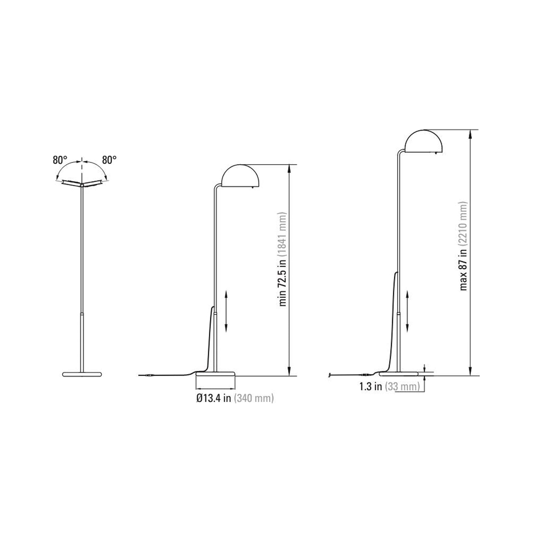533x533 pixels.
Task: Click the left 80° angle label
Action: (x=60, y=160)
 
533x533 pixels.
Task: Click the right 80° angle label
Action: (x=110, y=160)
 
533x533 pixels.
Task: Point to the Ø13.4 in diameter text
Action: (x=214, y=398)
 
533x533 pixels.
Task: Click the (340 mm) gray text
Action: (x=254, y=398)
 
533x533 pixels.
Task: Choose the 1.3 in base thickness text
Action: (x=370, y=387)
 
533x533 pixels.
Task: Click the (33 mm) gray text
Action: (x=402, y=387)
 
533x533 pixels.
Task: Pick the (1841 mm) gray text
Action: (x=283, y=234)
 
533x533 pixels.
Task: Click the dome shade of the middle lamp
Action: (x=240, y=175)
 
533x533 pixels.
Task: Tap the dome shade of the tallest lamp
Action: (x=423, y=142)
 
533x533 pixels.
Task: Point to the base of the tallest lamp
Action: (x=399, y=373)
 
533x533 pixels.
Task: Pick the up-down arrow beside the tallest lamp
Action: (x=407, y=311)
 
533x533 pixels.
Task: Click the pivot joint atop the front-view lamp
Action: (x=82, y=184)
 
